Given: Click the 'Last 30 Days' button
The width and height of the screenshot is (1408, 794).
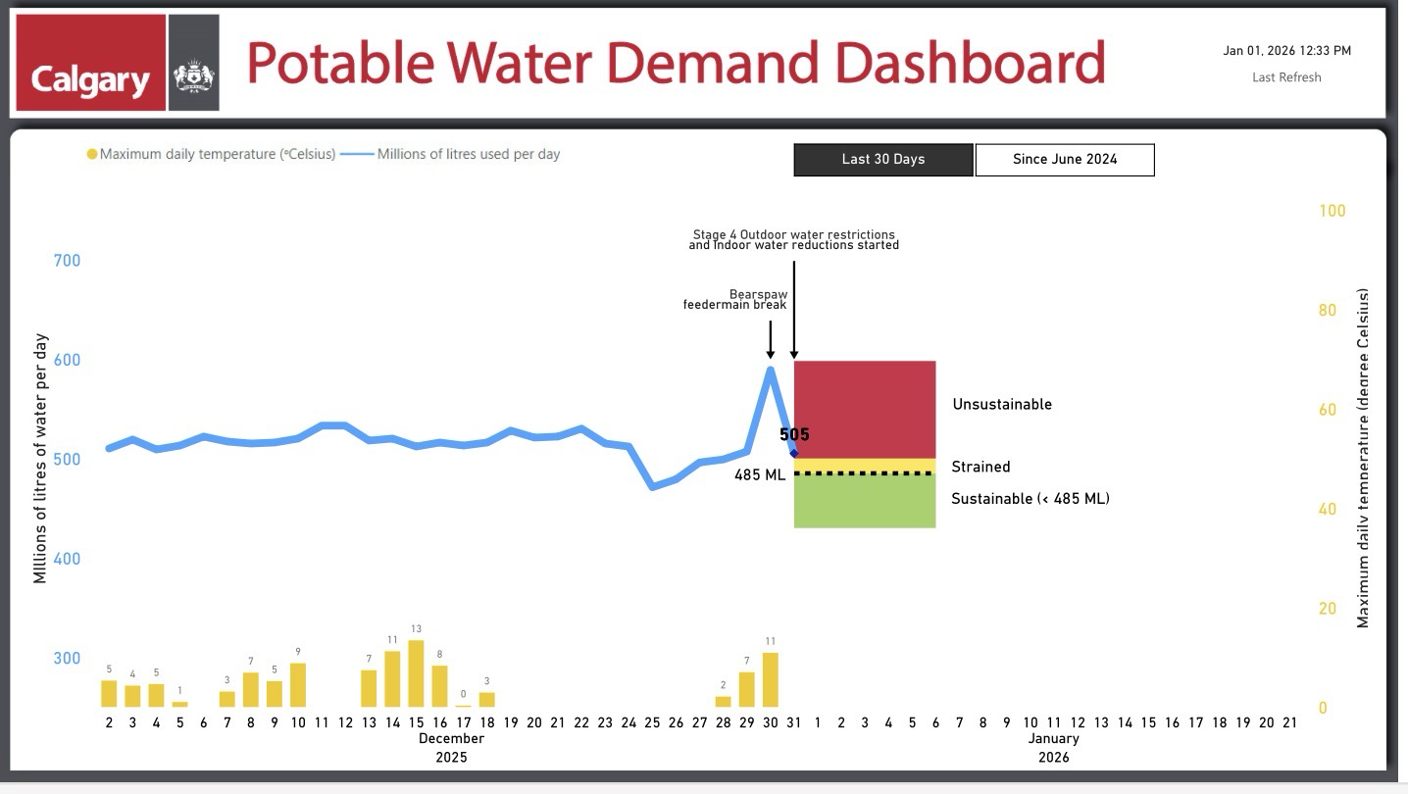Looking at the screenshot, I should pyautogui.click(x=882, y=160).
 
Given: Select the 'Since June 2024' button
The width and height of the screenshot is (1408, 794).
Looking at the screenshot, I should pyautogui.click(x=1064, y=160).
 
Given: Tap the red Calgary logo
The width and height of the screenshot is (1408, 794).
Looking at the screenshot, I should pyautogui.click(x=90, y=63).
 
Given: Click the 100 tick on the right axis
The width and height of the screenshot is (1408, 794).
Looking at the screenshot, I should pyautogui.click(x=1333, y=211).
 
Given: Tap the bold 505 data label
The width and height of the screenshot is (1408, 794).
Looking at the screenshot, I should pyautogui.click(x=794, y=434).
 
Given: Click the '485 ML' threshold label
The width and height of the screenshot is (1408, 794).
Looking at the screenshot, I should pyautogui.click(x=760, y=475).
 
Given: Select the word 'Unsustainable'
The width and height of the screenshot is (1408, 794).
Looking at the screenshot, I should pyautogui.click(x=1001, y=404).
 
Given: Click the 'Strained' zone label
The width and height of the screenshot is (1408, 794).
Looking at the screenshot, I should pyautogui.click(x=980, y=467).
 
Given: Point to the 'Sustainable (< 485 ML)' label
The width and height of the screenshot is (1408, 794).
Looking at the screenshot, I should pyautogui.click(x=1030, y=499).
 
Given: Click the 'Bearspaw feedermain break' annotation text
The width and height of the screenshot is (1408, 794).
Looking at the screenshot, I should pyautogui.click(x=735, y=299).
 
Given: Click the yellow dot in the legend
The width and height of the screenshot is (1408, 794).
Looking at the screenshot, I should pyautogui.click(x=92, y=154).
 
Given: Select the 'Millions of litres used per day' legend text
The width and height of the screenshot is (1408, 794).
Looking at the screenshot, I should pyautogui.click(x=468, y=154).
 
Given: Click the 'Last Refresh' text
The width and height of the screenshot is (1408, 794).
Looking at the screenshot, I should pyautogui.click(x=1286, y=77).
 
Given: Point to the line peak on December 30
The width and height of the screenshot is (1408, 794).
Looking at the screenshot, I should pyautogui.click(x=771, y=370).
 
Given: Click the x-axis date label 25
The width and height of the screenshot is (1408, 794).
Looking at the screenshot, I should pyautogui.click(x=652, y=722).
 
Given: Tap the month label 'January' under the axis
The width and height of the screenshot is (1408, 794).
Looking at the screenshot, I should pyautogui.click(x=1054, y=738).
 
